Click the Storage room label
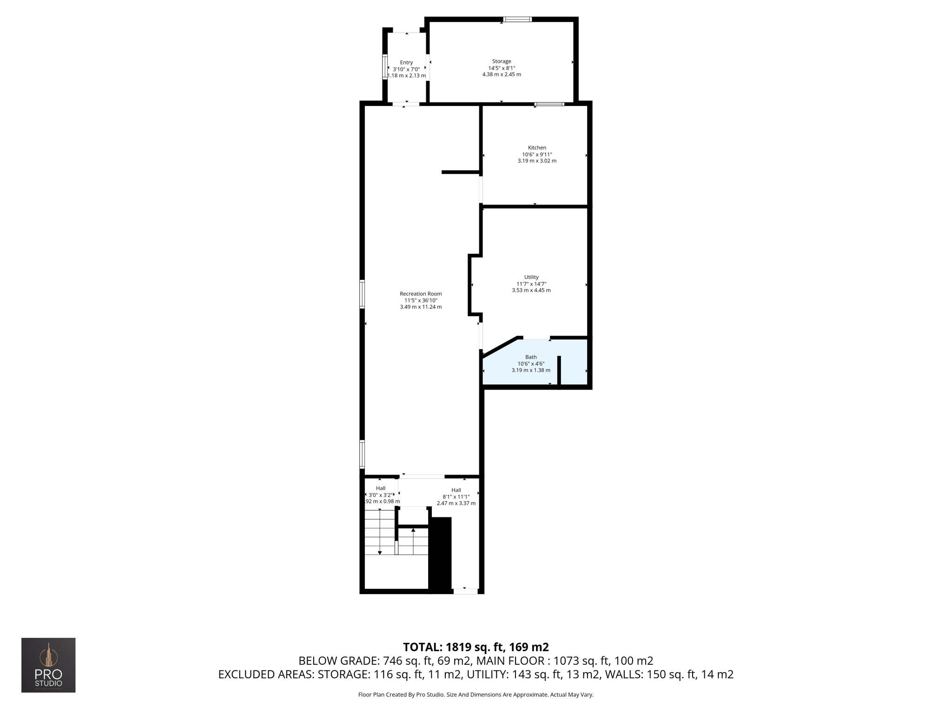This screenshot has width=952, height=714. (502, 61)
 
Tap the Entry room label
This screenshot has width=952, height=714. (406, 63)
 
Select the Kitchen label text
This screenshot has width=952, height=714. (537, 148)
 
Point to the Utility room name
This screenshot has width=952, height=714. (531, 277)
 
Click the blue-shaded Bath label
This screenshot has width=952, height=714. (531, 357)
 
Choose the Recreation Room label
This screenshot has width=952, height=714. (421, 294)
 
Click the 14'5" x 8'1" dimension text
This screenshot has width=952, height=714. (502, 68)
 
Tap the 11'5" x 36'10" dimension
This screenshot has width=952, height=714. (421, 300)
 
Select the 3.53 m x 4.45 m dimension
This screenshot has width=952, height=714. (531, 290)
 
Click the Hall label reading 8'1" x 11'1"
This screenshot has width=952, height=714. (456, 490)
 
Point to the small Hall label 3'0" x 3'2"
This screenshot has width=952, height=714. (381, 489)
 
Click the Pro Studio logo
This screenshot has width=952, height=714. (48, 665)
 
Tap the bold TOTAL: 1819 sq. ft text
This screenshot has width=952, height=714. (476, 647)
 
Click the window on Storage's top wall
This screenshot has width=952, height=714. (517, 20)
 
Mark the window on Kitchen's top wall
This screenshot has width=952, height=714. (549, 104)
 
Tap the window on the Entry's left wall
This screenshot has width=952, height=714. (385, 66)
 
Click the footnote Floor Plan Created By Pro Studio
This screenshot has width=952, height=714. (476, 694)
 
